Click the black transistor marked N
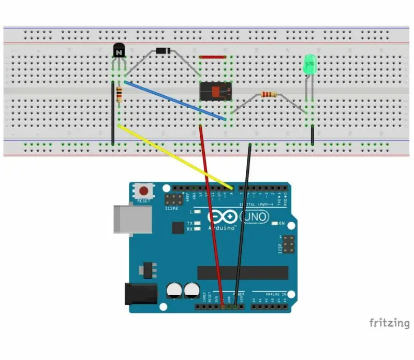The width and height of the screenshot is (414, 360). pyautogui.click(x=119, y=51)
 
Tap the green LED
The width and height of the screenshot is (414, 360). pyautogui.click(x=309, y=64)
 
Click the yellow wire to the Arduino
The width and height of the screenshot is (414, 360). pyautogui.click(x=176, y=156)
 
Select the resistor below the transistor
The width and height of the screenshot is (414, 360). pyautogui.click(x=120, y=95)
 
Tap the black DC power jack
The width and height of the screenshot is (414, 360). pyautogui.click(x=141, y=293)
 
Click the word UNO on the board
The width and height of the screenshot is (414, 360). pyautogui.click(x=255, y=215)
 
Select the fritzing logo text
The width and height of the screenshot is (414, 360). pyautogui.click(x=389, y=323)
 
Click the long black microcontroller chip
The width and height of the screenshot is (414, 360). pyautogui.click(x=243, y=272)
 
